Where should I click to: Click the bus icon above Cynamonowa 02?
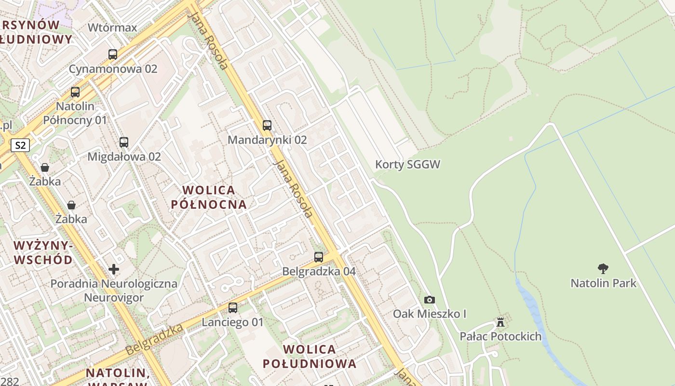(x=113, y=55)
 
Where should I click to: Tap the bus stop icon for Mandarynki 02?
(x=267, y=125)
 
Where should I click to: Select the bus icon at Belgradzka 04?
(x=319, y=257)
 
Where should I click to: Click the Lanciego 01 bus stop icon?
(x=233, y=308)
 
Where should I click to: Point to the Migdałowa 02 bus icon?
(x=124, y=142)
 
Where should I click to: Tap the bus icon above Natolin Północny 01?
(x=75, y=92)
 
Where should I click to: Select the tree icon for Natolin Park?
(x=603, y=269)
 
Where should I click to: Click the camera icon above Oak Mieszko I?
(x=430, y=300)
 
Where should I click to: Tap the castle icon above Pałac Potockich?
(x=500, y=322)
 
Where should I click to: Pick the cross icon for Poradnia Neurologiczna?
(x=114, y=269)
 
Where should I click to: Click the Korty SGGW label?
(x=408, y=165)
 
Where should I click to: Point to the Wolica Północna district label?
(x=209, y=197)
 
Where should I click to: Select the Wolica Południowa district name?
(x=310, y=356)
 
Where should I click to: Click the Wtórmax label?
(x=112, y=28)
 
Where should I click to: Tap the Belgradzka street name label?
(x=154, y=340)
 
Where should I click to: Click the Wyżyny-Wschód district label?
(x=43, y=253)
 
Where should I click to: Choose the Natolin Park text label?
(x=604, y=283)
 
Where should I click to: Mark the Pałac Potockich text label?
(x=500, y=336)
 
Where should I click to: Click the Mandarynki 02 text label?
(x=267, y=140)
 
